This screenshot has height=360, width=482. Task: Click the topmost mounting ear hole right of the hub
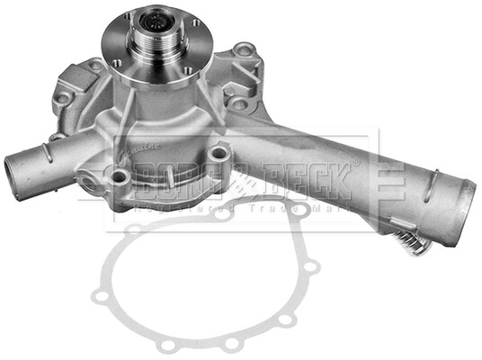(243, 50)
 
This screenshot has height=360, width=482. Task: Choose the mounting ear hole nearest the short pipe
(64, 97)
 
